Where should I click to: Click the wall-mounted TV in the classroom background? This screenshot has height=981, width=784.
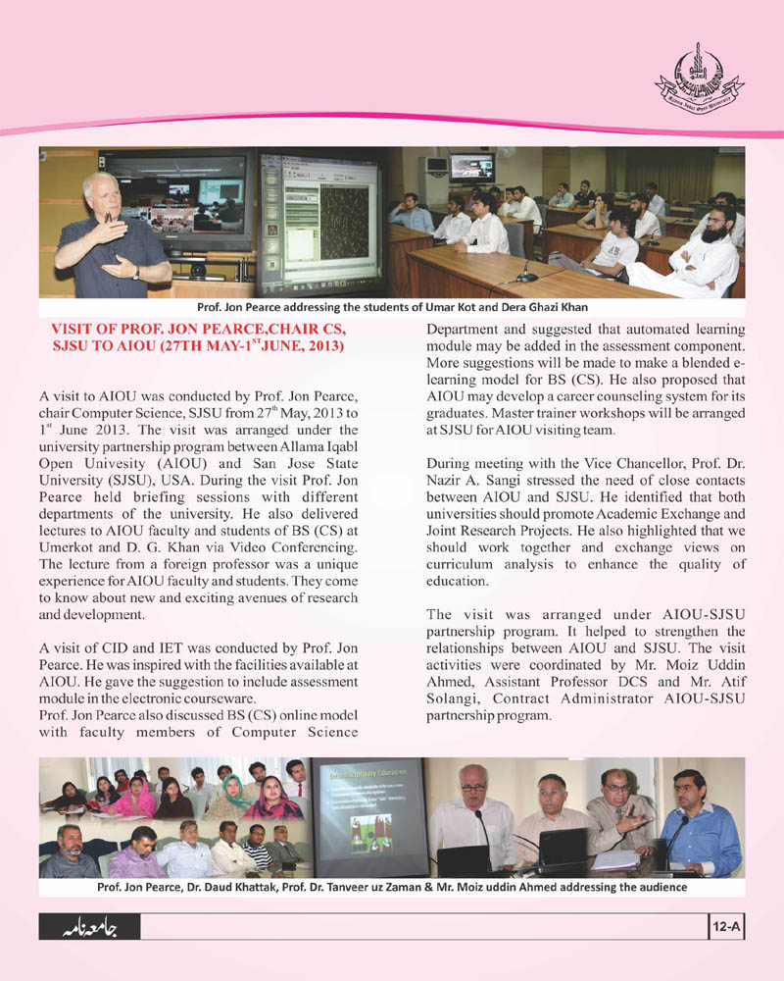471,167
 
